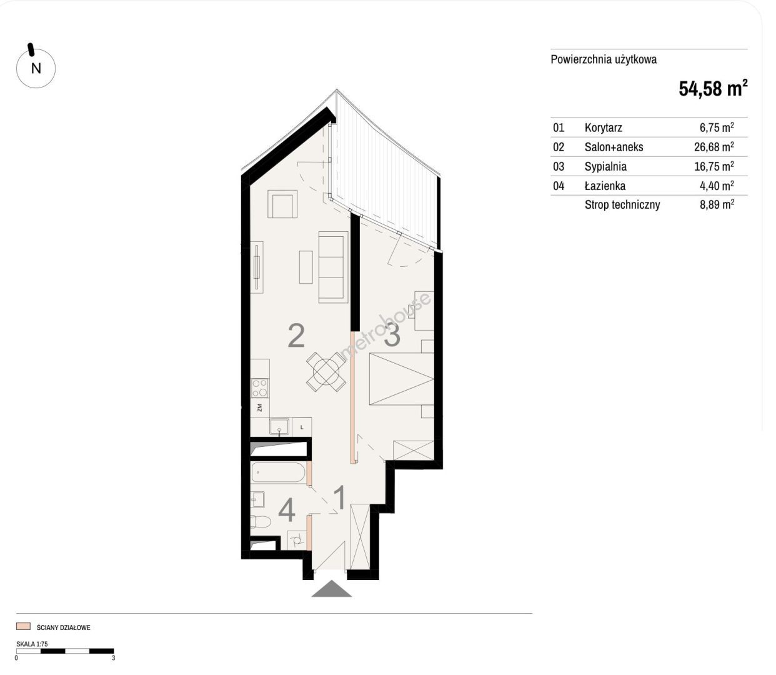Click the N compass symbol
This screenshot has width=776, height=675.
tap(36, 68)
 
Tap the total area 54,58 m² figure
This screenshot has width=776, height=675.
tap(713, 88)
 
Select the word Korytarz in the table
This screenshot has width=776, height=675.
tap(603, 127)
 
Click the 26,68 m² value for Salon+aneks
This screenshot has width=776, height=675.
tap(714, 146)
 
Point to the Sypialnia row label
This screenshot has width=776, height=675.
tap(605, 166)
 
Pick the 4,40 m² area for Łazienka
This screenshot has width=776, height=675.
tap(717, 186)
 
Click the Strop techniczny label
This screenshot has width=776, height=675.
tap(622, 205)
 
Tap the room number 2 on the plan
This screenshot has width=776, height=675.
tap(296, 335)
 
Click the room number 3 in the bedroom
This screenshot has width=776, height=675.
tap(392, 335)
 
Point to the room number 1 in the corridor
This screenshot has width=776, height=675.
tap(340, 497)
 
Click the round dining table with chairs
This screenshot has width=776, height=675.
tap(326, 372)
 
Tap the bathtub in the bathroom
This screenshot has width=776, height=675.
tap(278, 472)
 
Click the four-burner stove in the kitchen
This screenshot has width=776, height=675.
tap(260, 388)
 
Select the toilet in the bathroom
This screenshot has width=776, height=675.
tap(260, 522)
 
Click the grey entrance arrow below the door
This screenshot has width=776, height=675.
tap(332, 588)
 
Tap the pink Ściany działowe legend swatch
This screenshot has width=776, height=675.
tap(23, 626)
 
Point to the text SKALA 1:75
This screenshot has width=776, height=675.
tap(32, 644)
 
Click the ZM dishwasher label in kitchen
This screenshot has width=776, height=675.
tap(260, 408)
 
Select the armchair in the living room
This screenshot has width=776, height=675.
tap(282, 204)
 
